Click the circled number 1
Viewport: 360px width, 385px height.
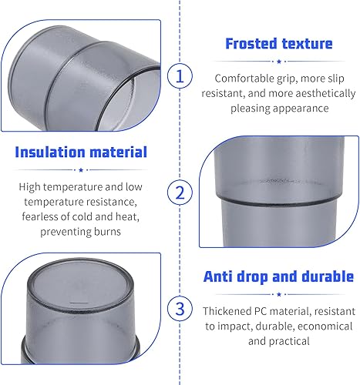[180, 76]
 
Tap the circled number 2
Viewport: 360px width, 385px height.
[180, 192]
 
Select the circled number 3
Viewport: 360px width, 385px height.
[180, 309]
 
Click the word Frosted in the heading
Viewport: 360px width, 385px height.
[251, 43]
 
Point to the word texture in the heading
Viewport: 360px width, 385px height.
[307, 44]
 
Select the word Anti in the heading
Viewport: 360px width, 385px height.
[217, 276]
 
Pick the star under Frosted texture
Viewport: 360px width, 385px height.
[279, 62]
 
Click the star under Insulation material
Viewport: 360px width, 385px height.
[81, 170]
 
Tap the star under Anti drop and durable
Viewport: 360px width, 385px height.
[279, 294]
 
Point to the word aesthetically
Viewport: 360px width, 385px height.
[325, 94]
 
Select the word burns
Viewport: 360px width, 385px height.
[107, 232]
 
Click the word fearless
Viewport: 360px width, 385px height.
[39, 217]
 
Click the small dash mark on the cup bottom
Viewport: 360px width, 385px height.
[79, 303]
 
